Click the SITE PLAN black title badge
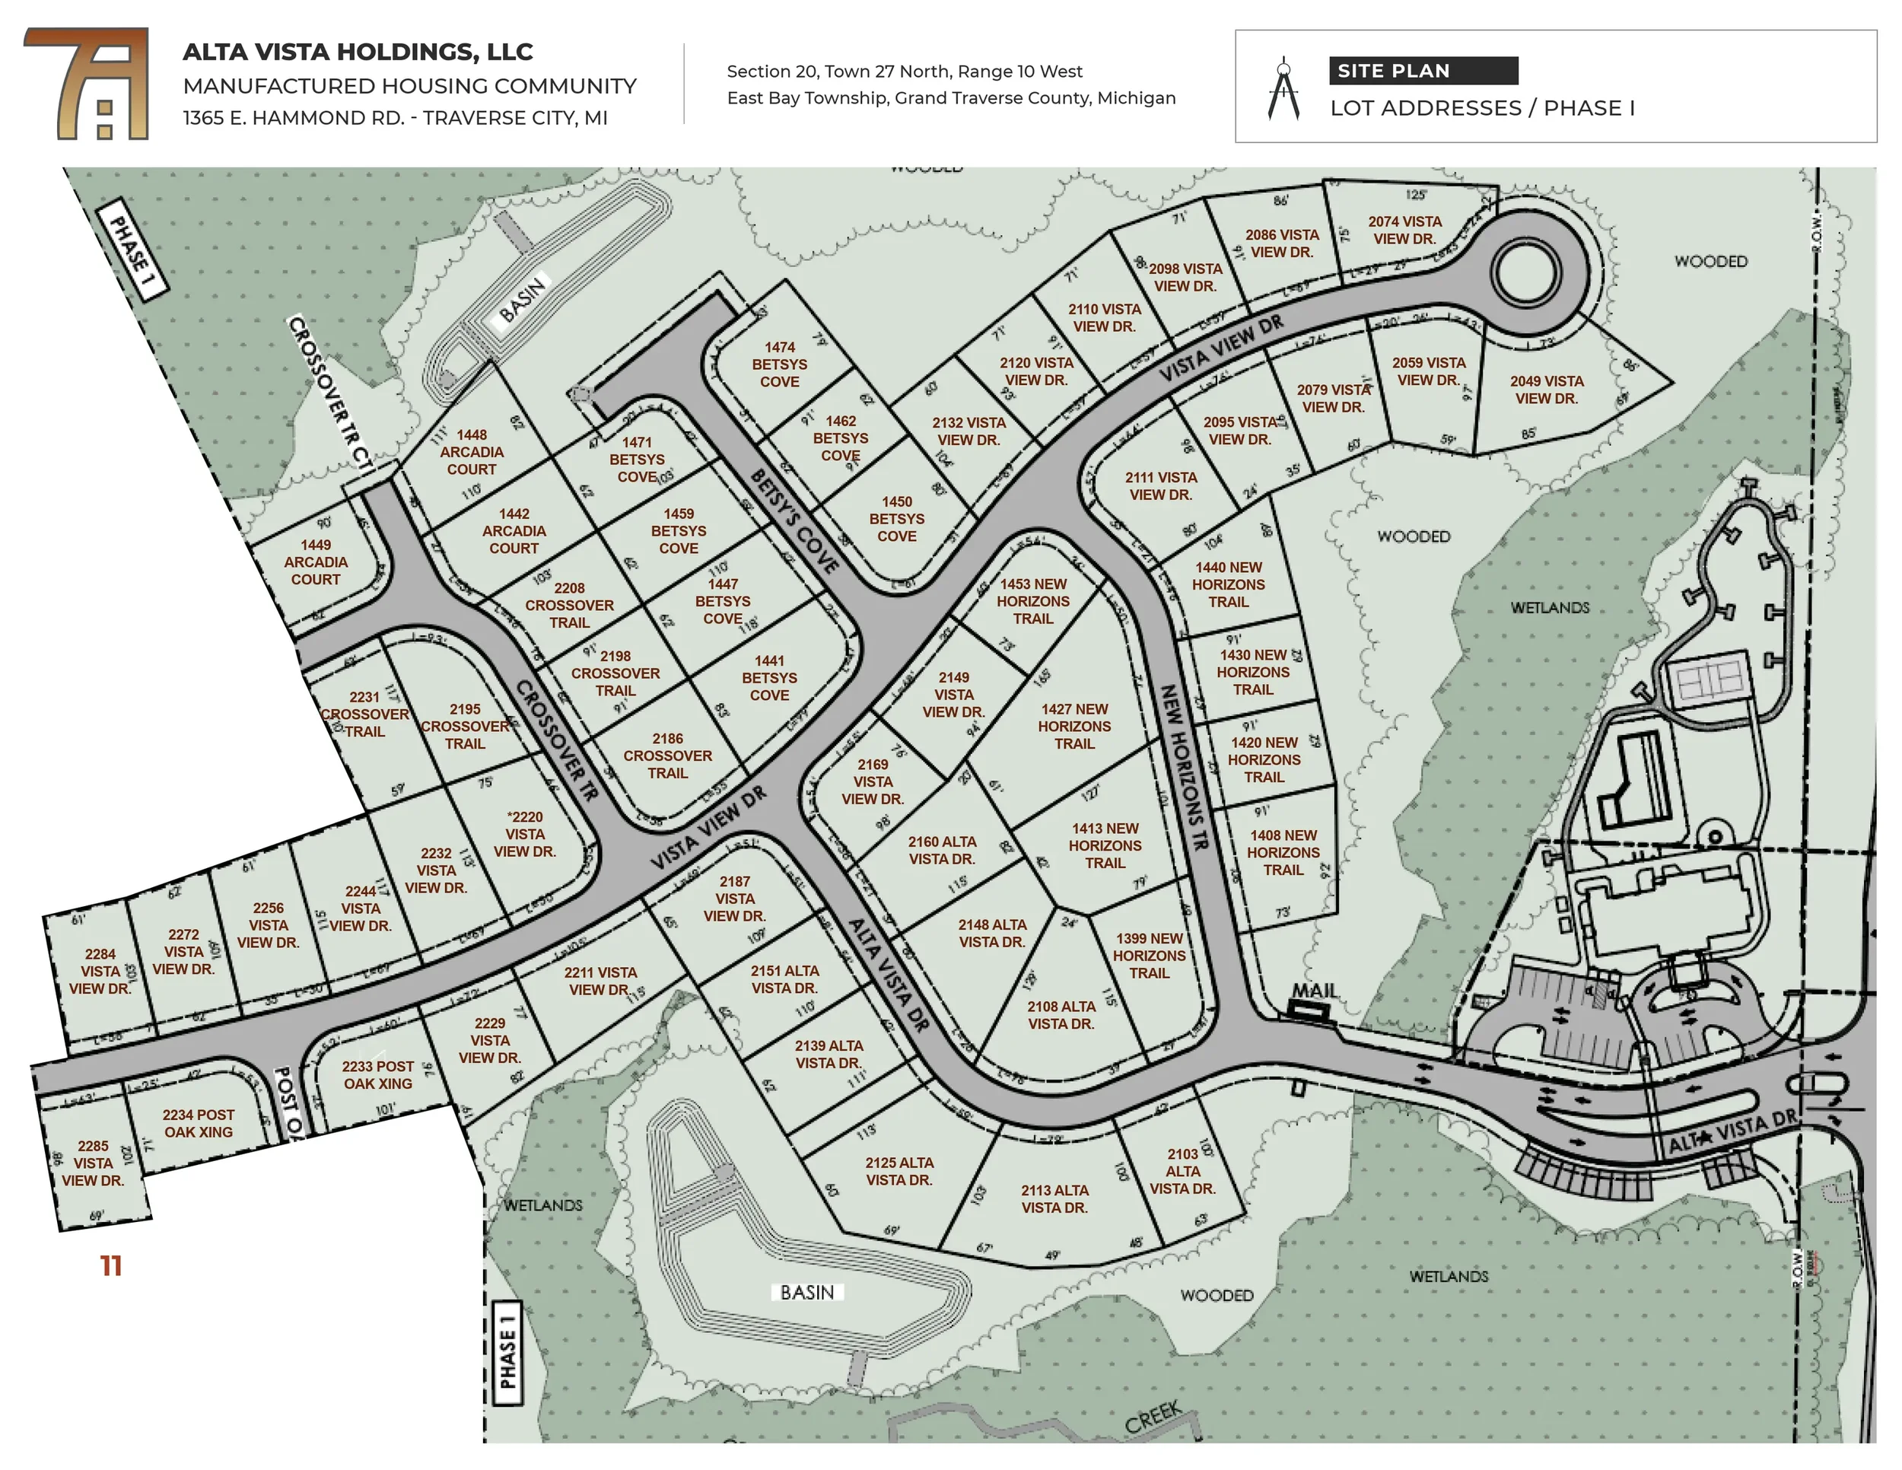(x=1423, y=71)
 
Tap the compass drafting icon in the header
(x=1283, y=89)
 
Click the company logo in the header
(x=87, y=84)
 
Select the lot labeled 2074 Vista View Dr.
(x=1404, y=230)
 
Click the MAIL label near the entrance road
(x=1314, y=991)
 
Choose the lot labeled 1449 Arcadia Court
(x=315, y=562)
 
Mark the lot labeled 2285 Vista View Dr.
(x=93, y=1163)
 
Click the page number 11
(x=110, y=1265)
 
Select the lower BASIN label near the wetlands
(x=807, y=1293)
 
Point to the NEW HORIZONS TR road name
(x=1185, y=766)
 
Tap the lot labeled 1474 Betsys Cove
(x=779, y=364)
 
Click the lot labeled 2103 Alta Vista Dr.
(x=1182, y=1171)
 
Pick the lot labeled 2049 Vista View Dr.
(x=1546, y=390)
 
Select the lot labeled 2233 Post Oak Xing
(x=377, y=1074)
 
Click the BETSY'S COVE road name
(x=794, y=520)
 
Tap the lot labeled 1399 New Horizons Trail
(x=1149, y=956)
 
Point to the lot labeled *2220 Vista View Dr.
(x=524, y=834)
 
